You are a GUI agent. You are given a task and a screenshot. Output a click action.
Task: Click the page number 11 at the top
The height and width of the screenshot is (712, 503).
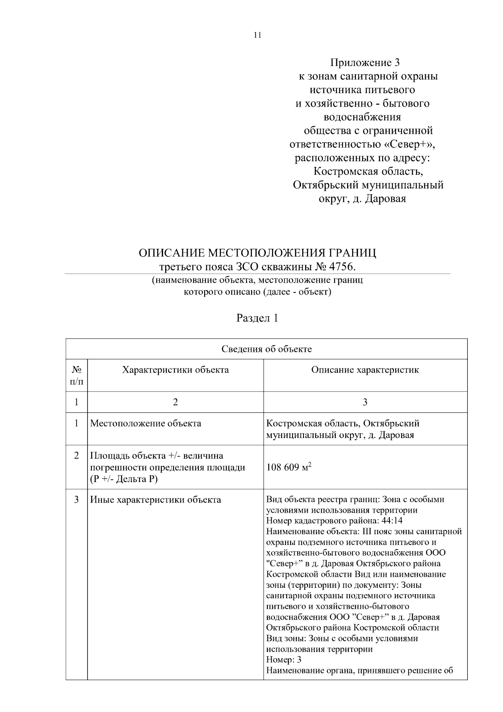257,35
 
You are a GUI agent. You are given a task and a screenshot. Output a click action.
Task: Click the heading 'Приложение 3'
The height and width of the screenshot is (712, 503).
365,63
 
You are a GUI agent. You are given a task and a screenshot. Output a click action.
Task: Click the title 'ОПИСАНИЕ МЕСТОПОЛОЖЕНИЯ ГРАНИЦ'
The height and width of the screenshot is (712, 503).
257,253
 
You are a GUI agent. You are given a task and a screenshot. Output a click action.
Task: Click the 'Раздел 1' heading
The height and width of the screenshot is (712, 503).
257,318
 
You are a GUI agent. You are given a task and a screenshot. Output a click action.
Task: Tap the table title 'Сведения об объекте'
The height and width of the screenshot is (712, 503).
267,349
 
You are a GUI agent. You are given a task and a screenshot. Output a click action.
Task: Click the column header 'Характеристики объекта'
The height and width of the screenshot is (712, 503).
175,370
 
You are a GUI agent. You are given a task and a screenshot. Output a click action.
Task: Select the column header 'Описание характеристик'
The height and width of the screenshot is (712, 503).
365,370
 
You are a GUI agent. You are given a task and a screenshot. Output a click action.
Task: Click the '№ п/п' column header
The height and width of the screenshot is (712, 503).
76,376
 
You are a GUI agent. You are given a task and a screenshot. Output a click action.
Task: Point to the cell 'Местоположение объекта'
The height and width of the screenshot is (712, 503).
145,423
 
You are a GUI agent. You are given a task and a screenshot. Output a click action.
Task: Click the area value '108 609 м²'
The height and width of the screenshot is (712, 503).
289,467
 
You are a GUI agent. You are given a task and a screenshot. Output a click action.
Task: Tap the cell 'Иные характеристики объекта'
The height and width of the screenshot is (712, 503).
156,500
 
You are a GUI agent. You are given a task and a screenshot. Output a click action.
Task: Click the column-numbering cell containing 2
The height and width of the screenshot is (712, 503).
175,402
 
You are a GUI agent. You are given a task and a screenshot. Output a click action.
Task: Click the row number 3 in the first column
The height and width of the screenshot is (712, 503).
76,500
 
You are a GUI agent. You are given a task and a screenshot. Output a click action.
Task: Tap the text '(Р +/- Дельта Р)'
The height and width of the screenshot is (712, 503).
124,479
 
